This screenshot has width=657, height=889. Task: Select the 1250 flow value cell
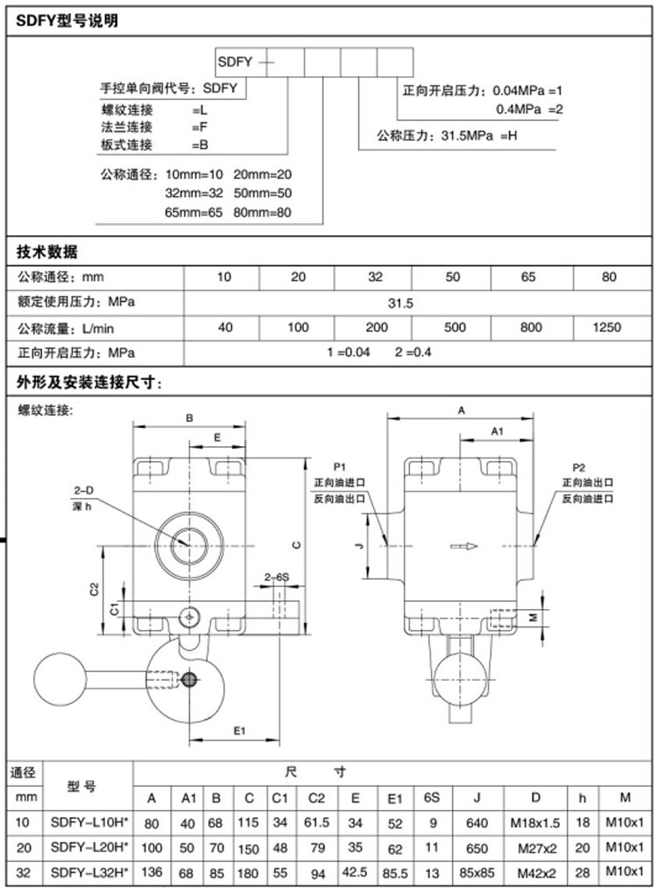pos(606,327)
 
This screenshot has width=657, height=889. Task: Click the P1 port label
pos(340,467)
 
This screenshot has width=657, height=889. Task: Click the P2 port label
pos(578,467)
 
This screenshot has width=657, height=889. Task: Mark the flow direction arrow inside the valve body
pos(465,547)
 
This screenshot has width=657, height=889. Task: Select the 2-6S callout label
pos(278,577)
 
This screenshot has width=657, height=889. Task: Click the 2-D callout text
pos(82,491)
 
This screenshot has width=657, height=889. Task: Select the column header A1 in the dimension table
pos(188,797)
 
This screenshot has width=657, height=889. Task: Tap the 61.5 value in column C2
pos(316,822)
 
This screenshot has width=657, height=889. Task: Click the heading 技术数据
pos(47,253)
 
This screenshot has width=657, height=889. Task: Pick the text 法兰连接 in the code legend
pos(127,127)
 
